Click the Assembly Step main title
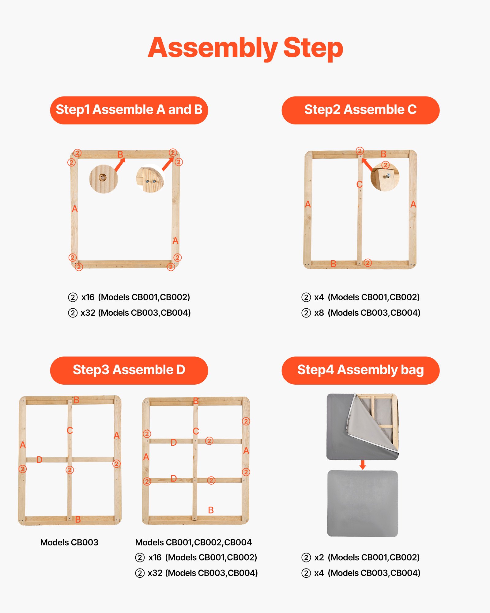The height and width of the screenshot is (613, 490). [x=245, y=48]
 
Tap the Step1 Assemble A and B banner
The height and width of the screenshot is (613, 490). [x=129, y=110]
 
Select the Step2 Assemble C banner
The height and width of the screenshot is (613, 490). [x=360, y=110]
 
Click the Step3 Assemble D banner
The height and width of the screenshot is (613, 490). [x=129, y=370]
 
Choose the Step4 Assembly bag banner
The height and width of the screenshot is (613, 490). [x=360, y=370]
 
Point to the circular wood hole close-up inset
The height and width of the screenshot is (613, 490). [x=104, y=179]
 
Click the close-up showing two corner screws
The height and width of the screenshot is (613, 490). [x=150, y=180]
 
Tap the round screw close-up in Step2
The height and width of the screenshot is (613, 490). [x=385, y=177]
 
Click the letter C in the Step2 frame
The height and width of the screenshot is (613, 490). [x=360, y=184]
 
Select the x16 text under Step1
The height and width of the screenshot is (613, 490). [x=88, y=297]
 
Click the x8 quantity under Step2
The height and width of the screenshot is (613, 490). [x=319, y=313]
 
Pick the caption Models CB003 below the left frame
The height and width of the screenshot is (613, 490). [x=69, y=543]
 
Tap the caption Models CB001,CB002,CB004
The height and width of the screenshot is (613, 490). [x=193, y=543]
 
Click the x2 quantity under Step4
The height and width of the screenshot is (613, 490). [x=319, y=558]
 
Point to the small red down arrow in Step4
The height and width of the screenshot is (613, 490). [x=363, y=465]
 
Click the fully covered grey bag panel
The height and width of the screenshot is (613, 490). [x=363, y=503]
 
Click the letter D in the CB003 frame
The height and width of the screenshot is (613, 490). [x=39, y=460]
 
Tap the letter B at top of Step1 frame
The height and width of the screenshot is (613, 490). [x=120, y=154]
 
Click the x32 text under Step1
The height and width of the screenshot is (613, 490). [x=88, y=313]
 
